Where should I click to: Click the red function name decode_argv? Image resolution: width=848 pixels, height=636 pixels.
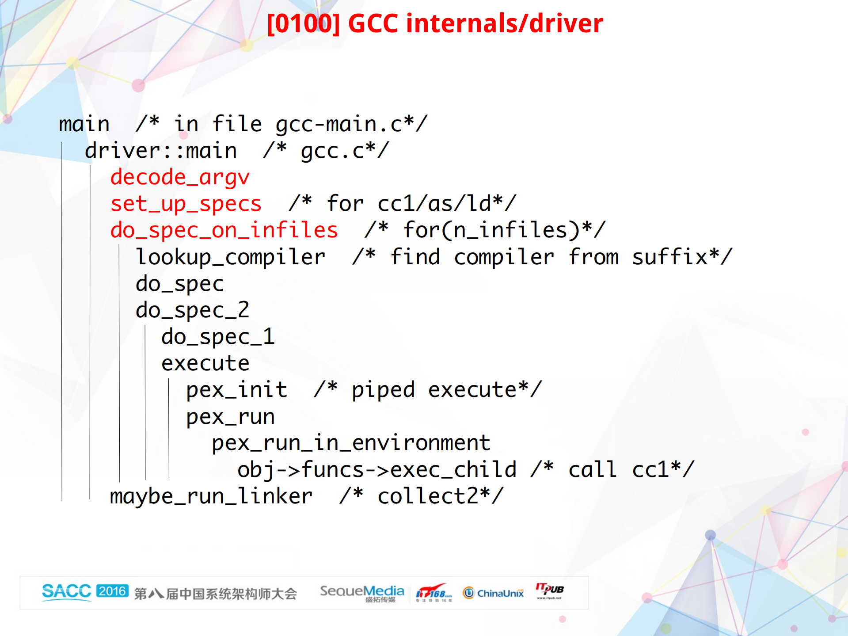[x=180, y=177]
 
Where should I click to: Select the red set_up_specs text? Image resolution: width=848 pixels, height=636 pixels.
[x=186, y=204]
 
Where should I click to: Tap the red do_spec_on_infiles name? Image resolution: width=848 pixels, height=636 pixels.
[x=224, y=230]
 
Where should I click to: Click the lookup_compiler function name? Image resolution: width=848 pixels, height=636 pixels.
[x=230, y=257]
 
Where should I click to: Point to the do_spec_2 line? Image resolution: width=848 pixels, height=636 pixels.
[x=192, y=310]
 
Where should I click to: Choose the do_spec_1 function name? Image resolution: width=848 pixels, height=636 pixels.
[x=218, y=337]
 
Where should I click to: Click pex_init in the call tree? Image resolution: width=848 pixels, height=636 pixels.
[x=236, y=390]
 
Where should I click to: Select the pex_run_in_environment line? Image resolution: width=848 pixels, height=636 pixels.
[x=351, y=443]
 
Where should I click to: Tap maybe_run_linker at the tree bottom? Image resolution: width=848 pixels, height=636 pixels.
[x=211, y=496]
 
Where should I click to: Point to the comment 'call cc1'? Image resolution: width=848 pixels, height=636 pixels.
[x=612, y=469]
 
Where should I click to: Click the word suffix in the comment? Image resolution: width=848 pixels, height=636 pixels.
[x=669, y=257]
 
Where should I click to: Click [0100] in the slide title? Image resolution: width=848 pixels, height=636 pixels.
[x=304, y=23]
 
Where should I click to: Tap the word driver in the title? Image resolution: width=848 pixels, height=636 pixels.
[x=566, y=23]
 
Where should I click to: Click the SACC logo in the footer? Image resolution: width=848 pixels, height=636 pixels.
[x=66, y=591]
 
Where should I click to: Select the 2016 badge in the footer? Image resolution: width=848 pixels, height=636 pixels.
[x=112, y=591]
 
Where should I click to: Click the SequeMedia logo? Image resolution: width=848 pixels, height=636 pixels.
[x=362, y=592]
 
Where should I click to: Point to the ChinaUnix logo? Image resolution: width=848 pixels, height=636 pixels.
[x=493, y=593]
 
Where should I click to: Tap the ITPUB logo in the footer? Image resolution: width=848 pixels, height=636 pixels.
[x=550, y=590]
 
